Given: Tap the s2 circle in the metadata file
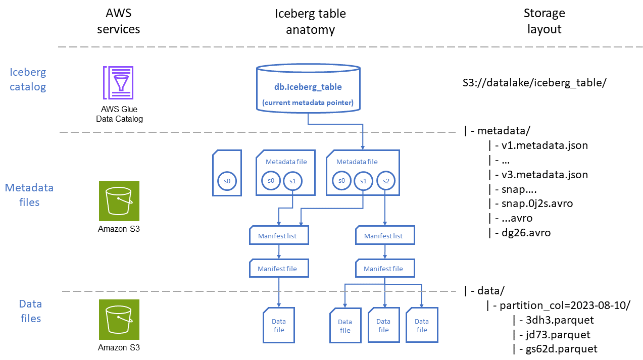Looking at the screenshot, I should click(x=385, y=181).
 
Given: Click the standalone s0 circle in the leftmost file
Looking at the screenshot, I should click(x=227, y=181).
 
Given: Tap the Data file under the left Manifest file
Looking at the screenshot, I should click(x=279, y=326).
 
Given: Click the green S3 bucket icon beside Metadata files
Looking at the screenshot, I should click(x=119, y=201).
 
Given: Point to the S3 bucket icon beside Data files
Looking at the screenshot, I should click(x=119, y=320).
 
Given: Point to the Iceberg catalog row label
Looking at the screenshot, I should click(x=28, y=79).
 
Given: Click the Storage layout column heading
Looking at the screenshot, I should click(x=544, y=21).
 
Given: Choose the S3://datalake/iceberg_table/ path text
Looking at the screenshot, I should click(x=534, y=83).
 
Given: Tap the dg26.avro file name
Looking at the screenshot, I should click(x=526, y=233).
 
